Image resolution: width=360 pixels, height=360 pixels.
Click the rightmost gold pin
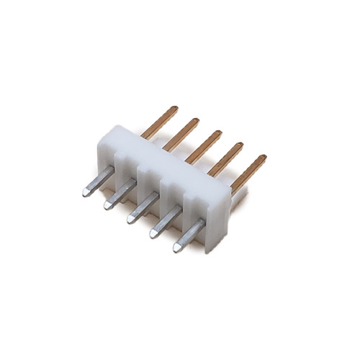pyautogui.click(x=248, y=170)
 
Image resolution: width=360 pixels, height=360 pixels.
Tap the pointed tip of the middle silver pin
pyautogui.click(x=129, y=217)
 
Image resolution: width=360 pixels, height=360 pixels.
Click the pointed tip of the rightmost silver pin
pyautogui.click(x=176, y=248)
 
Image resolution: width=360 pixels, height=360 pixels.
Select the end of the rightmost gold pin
pyautogui.click(x=263, y=158)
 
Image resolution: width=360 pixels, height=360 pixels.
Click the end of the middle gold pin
pyautogui.click(x=219, y=133)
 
